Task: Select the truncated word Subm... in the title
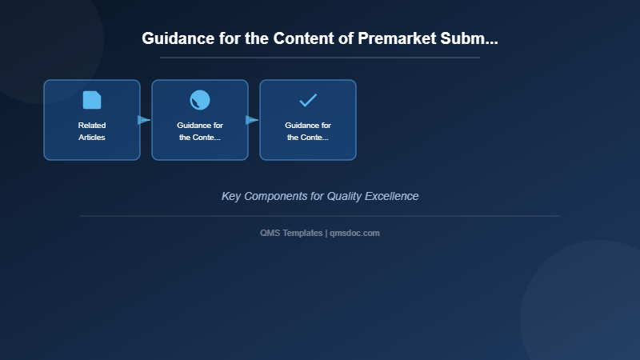pos(470,38)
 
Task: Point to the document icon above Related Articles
pos(92,100)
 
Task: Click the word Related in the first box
pos(92,126)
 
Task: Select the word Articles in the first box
pos(92,138)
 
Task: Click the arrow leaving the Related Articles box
pos(144,120)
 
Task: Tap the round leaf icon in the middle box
pos(200,100)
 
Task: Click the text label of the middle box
pos(200,131)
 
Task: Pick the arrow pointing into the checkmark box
pos(252,120)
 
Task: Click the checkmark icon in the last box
pos(308,100)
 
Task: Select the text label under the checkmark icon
pos(308,131)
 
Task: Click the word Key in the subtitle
pos(230,196)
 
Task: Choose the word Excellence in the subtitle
pos(394,196)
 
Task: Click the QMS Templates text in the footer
pos(291,233)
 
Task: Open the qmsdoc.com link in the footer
pos(354,233)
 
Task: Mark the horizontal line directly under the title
pos(320,58)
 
